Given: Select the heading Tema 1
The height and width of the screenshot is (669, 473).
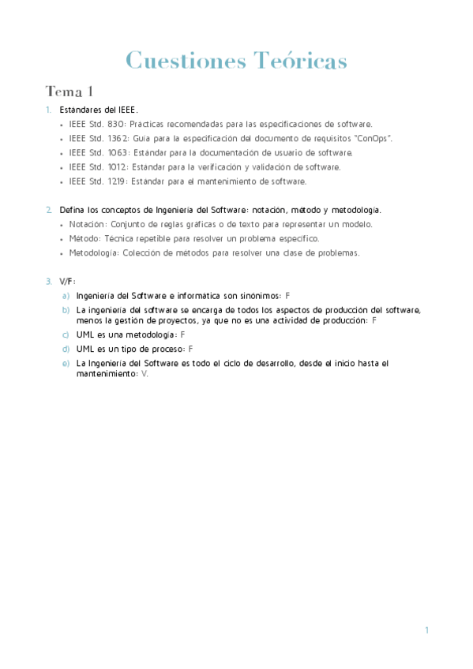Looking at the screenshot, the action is [69, 92].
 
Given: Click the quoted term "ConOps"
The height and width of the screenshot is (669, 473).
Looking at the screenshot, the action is [373, 139].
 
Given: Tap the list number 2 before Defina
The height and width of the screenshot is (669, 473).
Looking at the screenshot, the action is [48, 210].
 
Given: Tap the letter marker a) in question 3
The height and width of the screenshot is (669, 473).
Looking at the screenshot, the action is [66, 295].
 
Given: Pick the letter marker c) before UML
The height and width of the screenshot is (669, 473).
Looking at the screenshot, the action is [66, 335].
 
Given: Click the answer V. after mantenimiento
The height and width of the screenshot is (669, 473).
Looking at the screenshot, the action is [145, 374].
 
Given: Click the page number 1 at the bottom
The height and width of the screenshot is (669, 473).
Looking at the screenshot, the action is [426, 630].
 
